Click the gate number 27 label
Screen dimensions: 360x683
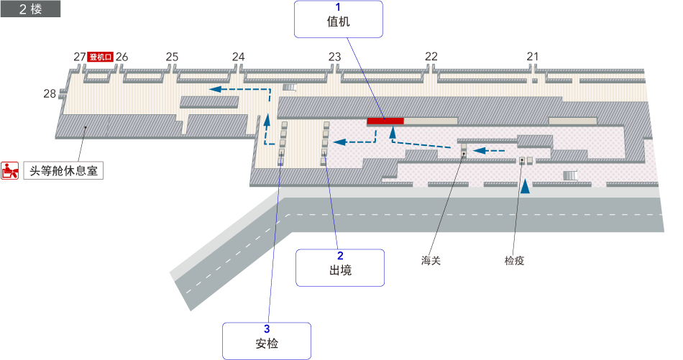click(80, 57)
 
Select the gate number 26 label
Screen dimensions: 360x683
click(122, 57)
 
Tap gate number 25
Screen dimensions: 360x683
click(172, 57)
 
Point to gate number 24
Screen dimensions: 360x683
click(239, 57)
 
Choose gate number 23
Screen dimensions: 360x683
click(335, 57)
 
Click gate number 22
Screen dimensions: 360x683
click(431, 57)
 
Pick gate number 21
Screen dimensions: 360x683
click(533, 57)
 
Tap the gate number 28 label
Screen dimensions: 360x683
click(50, 93)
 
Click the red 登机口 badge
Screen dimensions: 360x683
click(101, 57)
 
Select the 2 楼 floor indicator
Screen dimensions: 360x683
click(30, 9)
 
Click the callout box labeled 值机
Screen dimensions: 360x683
click(338, 19)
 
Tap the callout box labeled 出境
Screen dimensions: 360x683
click(340, 267)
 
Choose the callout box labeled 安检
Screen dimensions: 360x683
click(266, 341)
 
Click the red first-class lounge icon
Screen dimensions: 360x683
click(10, 171)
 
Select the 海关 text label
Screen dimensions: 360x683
click(431, 261)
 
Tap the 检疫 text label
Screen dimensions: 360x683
click(515, 261)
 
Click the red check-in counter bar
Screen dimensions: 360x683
click(385, 120)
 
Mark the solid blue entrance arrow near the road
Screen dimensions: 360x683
click(526, 186)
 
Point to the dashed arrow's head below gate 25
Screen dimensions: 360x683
click(214, 88)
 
